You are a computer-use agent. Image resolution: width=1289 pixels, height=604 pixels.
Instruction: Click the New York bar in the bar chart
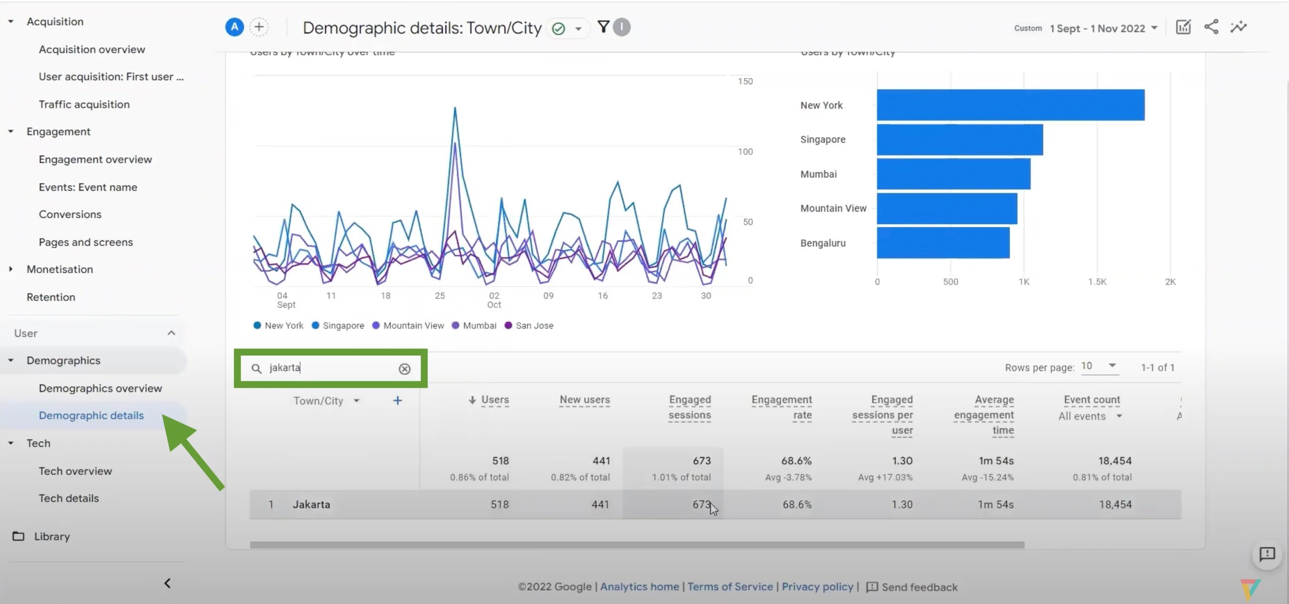coord(1010,105)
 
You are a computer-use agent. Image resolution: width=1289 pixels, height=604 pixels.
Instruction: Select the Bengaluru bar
coord(943,243)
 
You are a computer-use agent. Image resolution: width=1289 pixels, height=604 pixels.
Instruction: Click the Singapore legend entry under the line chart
coord(343,326)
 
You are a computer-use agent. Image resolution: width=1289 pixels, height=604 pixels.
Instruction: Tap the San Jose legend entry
coord(533,326)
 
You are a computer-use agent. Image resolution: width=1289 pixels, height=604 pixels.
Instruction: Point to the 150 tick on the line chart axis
coord(745,81)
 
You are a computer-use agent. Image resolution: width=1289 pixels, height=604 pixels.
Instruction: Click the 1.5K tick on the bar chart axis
coord(1097,282)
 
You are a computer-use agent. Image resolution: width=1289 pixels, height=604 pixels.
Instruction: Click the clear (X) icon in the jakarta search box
coord(404,369)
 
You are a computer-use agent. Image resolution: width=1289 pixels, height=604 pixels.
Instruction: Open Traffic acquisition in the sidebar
coord(84,104)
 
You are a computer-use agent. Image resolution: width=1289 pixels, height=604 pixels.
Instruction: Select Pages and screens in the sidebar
coord(86,242)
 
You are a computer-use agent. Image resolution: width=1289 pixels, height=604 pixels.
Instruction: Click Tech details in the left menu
coord(69,498)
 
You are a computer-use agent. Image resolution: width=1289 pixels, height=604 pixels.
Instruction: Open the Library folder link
coord(51,536)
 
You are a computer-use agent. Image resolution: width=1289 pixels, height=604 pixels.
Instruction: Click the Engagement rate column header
coord(781,407)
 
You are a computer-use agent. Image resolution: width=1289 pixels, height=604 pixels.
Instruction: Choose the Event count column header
coord(1091,400)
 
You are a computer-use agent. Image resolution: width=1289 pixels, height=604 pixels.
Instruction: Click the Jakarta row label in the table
coord(311,504)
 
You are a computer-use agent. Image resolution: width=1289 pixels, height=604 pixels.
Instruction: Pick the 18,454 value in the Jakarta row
coord(1114,504)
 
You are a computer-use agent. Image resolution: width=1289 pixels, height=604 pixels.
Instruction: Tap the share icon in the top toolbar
coord(1211,27)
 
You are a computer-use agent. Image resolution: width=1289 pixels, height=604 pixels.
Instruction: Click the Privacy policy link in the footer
coord(817,586)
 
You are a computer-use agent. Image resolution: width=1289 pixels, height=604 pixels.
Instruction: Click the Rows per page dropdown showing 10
coord(1098,366)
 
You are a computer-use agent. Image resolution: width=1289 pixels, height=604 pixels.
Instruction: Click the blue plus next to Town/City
coord(397,401)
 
